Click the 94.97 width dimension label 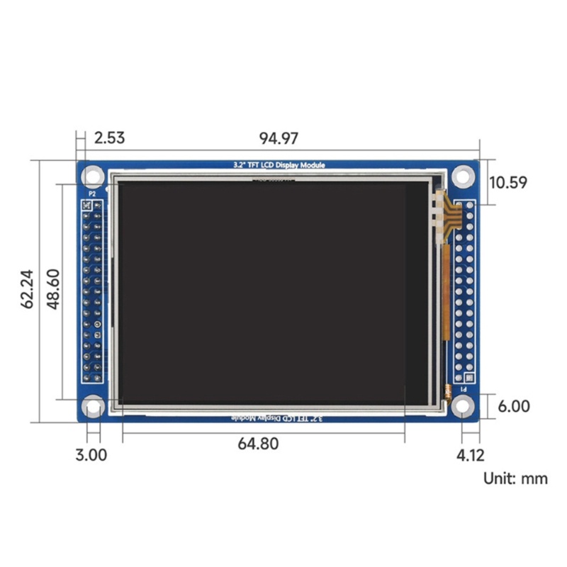(279, 137)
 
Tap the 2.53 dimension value (109, 137)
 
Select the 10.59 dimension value (507, 182)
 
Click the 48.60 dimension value (53, 289)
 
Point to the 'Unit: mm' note (515, 478)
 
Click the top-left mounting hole (93, 175)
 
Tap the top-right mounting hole (463, 176)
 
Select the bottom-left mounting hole (93, 406)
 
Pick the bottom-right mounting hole (463, 406)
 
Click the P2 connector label (91, 193)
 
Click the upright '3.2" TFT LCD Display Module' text (279, 165)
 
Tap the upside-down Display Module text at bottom (279, 418)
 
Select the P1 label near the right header (464, 389)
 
